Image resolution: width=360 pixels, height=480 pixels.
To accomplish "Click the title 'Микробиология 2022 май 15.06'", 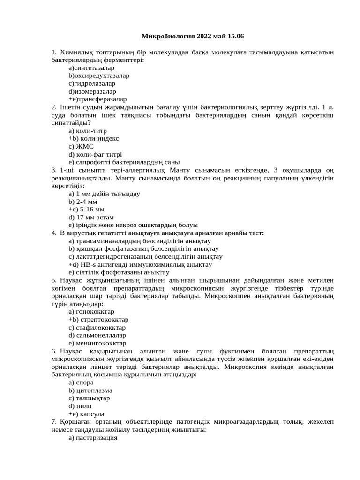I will pyautogui.click(x=193, y=36).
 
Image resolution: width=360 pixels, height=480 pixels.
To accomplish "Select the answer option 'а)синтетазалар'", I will pyautogui.click(x=91, y=67).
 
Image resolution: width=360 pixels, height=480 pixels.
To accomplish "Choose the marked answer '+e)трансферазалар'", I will pyautogui.click(x=97, y=99).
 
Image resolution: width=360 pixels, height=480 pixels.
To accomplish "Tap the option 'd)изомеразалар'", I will pyautogui.click(x=92, y=91).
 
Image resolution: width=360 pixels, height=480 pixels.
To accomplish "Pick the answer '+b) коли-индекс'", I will pyautogui.click(x=94, y=138).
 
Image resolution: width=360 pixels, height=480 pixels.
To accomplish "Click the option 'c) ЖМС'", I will pyautogui.click(x=81, y=146).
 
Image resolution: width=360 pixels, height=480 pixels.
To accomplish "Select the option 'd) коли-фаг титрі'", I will pyautogui.click(x=95, y=154).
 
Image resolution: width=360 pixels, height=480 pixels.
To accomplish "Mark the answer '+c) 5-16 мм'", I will pyautogui.click(x=86, y=209).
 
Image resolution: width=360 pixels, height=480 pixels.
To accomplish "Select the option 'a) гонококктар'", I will pyautogui.click(x=91, y=312).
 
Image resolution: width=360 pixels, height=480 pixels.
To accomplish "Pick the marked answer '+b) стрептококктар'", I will pyautogui.click(x=98, y=320).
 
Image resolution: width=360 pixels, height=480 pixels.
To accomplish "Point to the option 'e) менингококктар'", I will pyautogui.click(x=97, y=343).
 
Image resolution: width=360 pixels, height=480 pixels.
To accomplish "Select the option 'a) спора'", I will pyautogui.click(x=81, y=382).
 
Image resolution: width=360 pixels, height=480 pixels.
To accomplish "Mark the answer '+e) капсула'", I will pyautogui.click(x=86, y=414).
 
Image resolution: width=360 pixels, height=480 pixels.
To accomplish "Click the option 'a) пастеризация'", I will pyautogui.click(x=93, y=438).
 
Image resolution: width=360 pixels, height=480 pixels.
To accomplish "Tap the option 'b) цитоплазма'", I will pyautogui.click(x=90, y=390).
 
